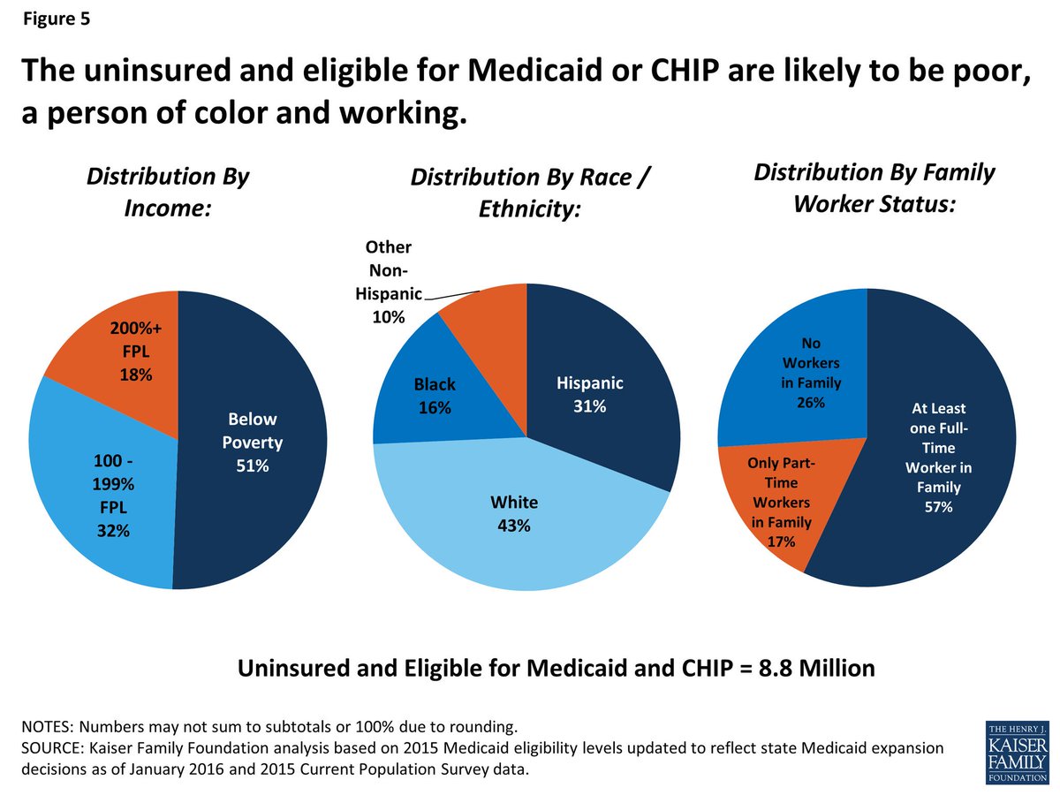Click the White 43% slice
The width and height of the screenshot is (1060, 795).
[x=512, y=521]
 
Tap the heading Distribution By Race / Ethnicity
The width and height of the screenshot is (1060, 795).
[x=530, y=194]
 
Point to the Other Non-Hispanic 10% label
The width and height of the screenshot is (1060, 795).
[x=389, y=283]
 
